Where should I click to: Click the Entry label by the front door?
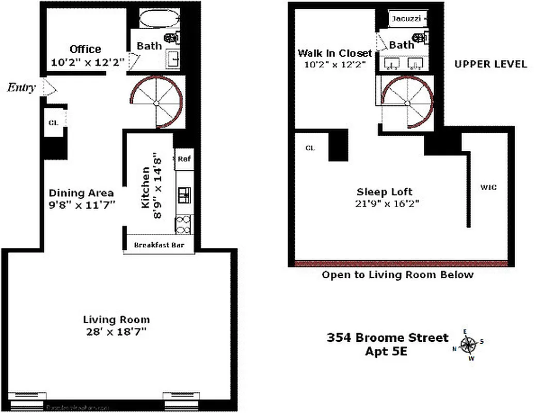(x=21, y=88)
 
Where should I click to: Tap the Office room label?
(x=85, y=49)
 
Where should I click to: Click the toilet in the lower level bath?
(x=170, y=38)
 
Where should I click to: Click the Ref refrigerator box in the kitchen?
(x=184, y=159)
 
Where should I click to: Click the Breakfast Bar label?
(x=159, y=245)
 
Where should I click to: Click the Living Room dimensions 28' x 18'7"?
(x=117, y=331)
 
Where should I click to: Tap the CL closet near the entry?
(x=53, y=123)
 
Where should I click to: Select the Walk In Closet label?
(x=335, y=53)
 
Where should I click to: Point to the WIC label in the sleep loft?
(x=488, y=187)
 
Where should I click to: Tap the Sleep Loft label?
(x=385, y=192)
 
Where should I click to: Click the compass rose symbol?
(x=469, y=344)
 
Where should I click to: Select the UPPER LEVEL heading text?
(x=490, y=64)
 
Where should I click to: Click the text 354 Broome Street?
(x=387, y=338)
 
